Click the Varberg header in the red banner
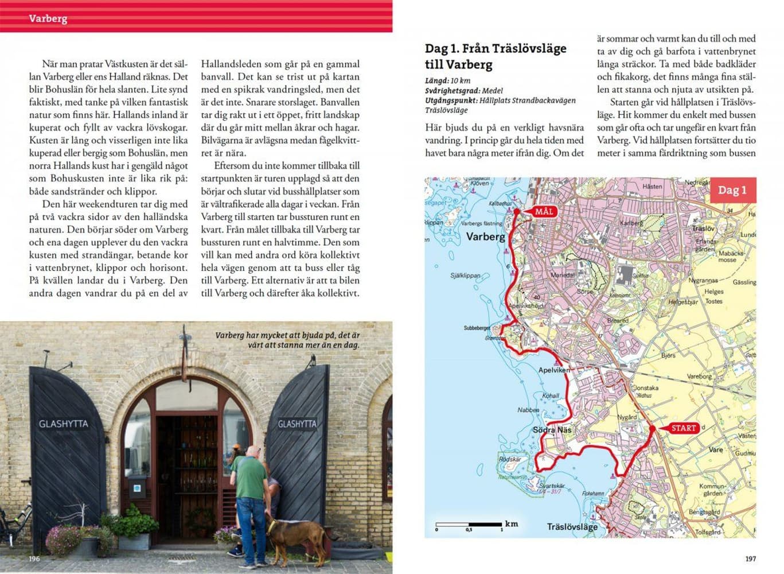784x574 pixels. pyautogui.click(x=48, y=18)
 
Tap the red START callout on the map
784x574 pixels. pyautogui.click(x=683, y=428)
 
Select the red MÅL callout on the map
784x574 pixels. pyautogui.click(x=543, y=212)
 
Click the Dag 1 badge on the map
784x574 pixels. pyautogui.click(x=732, y=191)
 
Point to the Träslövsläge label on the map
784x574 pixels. pyautogui.click(x=572, y=526)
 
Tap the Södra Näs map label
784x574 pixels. pyautogui.click(x=552, y=430)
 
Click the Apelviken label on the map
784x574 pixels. pyautogui.click(x=553, y=370)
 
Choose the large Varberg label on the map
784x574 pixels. pyautogui.click(x=485, y=236)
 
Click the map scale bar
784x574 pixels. pyautogui.click(x=469, y=524)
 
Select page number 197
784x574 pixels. pyautogui.click(x=750, y=559)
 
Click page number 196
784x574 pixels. pyautogui.click(x=34, y=559)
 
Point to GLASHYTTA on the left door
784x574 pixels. pyautogui.click(x=63, y=424)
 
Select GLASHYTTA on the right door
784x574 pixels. pyautogui.click(x=297, y=424)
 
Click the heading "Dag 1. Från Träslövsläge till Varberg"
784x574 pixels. pyautogui.click(x=495, y=56)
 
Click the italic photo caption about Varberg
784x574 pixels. pyautogui.click(x=287, y=340)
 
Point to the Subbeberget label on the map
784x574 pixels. pyautogui.click(x=477, y=328)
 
